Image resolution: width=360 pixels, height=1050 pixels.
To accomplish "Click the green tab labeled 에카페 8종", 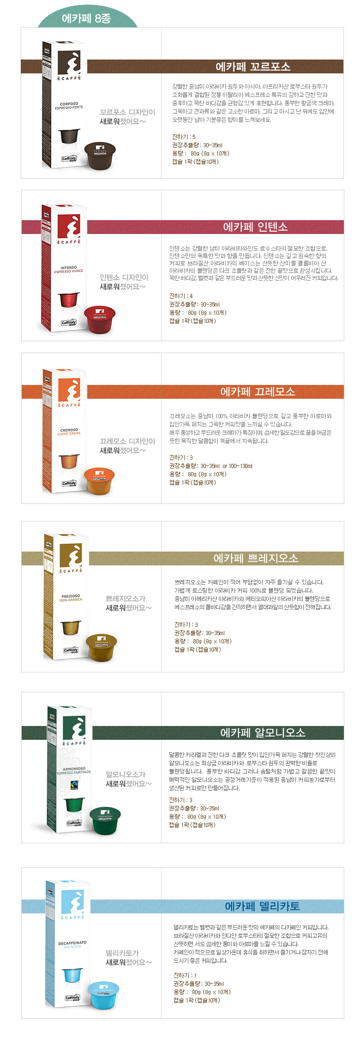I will pos(87,18).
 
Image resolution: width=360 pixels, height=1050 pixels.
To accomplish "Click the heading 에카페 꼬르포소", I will pos(253,66).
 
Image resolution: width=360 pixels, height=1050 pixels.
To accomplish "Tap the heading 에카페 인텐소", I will pos(255,227).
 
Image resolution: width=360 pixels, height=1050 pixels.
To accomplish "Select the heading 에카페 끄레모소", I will pos(258,391).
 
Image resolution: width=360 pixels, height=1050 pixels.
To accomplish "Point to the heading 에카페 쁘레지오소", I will pos(256,558).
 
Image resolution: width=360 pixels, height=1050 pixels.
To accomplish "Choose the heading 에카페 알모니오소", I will pos(263,732).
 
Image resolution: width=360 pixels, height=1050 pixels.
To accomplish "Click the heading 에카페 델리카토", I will pos(262,906).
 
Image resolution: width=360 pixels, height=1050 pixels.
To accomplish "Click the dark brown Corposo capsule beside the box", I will pos(100,155).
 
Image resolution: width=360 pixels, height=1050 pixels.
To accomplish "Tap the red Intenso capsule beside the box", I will pos(100,319).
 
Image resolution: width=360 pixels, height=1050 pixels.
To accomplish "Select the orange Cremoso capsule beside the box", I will pos(99,481).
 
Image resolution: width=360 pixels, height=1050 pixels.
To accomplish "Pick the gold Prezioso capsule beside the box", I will pos(102,647).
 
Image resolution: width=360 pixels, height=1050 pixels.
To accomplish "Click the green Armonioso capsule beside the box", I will pos(105,820).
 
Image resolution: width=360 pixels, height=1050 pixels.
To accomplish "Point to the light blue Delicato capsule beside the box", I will pos(103,995).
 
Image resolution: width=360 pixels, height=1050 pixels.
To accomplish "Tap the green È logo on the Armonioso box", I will pos(74,728).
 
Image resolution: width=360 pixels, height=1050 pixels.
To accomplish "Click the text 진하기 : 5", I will pos(184,137).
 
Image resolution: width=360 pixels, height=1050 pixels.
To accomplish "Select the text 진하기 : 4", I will pos(181,296).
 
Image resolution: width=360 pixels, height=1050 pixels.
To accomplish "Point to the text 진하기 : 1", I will pos(185,975).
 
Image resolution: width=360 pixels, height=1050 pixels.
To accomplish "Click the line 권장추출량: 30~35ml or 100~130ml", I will pos(211,466).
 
